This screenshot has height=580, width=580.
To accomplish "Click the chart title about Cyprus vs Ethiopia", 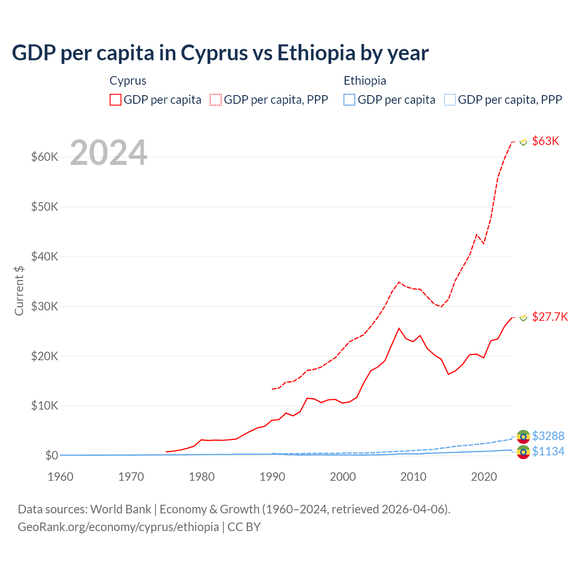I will point(220,53).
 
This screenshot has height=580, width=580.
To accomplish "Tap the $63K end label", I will point(546,141).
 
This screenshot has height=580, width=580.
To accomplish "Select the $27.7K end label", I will point(550,317).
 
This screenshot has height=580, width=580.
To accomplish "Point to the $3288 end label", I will point(548,436).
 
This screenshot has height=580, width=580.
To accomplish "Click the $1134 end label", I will point(548,451).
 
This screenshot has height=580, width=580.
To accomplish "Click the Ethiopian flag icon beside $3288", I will point(523,436).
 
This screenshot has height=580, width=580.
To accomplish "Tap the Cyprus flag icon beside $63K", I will point(523,141).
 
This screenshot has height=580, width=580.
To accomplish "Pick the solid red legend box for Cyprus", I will point(116,100).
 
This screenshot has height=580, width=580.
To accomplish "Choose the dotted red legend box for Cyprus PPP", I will point(216,100).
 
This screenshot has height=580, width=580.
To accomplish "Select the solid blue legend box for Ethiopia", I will point(349,100).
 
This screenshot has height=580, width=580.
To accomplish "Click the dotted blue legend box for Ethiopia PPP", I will point(450,100).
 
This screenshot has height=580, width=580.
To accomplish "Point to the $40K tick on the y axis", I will point(45,256).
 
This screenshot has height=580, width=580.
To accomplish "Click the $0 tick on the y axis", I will point(52,455).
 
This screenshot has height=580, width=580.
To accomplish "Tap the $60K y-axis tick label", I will point(45,157).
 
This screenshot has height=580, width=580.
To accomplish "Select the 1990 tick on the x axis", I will point(272,477).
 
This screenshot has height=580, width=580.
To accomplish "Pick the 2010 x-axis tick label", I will point(413,477).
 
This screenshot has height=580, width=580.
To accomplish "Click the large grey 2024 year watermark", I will point(109,153).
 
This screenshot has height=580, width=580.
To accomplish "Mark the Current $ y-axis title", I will point(19,290).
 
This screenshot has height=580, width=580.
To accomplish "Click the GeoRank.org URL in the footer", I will point(118,527).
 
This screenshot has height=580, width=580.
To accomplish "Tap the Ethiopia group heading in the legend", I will point(365,81).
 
